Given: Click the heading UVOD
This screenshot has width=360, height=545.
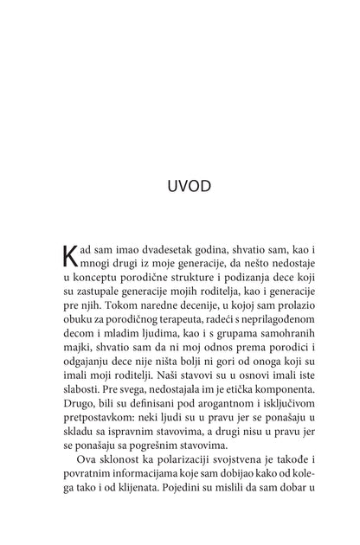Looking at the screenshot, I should tap(180, 185).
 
